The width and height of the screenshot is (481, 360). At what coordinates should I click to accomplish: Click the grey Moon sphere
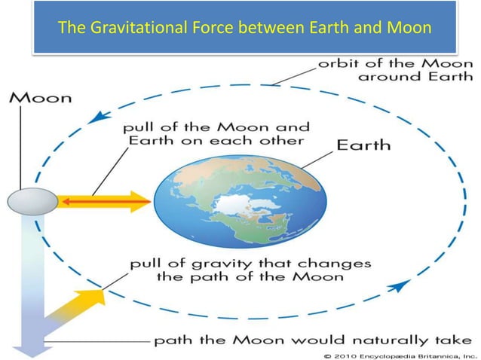point(31,202)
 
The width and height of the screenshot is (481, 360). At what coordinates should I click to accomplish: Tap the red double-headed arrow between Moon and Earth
point(101,201)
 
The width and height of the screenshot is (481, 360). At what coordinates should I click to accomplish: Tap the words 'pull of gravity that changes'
point(250,264)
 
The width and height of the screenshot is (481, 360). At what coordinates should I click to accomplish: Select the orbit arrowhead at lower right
point(400,285)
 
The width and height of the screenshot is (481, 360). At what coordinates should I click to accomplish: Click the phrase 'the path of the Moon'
point(250,277)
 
